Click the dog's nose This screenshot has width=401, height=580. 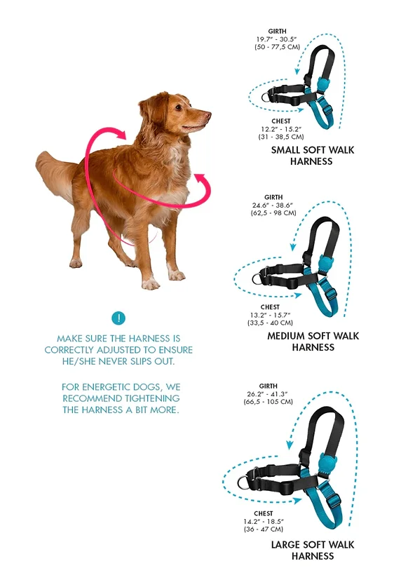(x=208, y=114)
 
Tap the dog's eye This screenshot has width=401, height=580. (x=178, y=107)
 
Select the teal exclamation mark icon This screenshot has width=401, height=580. (x=118, y=318)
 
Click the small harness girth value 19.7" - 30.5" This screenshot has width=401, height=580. (x=277, y=39)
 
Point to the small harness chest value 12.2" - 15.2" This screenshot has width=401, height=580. (x=281, y=129)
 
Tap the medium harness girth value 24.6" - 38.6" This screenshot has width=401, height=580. (x=273, y=205)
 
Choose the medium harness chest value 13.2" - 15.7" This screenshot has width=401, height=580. (x=270, y=315)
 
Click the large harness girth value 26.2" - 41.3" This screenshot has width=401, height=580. (x=268, y=394)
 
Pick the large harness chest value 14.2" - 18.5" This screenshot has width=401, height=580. (x=263, y=522)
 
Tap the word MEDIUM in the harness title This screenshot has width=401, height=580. (x=286, y=336)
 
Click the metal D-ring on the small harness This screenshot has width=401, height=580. (x=267, y=97)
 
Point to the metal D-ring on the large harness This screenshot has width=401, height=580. (x=244, y=482)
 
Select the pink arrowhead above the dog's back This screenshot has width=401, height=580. (x=121, y=134)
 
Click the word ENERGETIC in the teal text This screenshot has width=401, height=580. (x=110, y=387)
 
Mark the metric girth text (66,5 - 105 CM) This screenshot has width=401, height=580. (x=268, y=402)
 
